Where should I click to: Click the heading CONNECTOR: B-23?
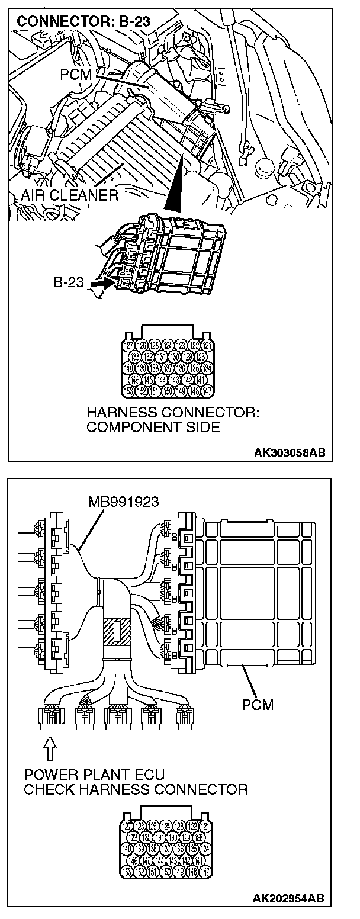pyautogui.click(x=83, y=23)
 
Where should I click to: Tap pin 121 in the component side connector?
pyautogui.click(x=205, y=345)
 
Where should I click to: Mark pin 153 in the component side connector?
pyautogui.click(x=128, y=390)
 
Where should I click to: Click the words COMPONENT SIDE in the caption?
pyautogui.click(x=153, y=426)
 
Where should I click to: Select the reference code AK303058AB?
pyautogui.click(x=289, y=452)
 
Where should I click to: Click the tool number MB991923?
pyautogui.click(x=123, y=502)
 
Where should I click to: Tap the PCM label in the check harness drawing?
pyautogui.click(x=258, y=705)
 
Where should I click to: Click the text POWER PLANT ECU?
pyautogui.click(x=95, y=775)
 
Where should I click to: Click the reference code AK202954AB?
pyautogui.click(x=289, y=899)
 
